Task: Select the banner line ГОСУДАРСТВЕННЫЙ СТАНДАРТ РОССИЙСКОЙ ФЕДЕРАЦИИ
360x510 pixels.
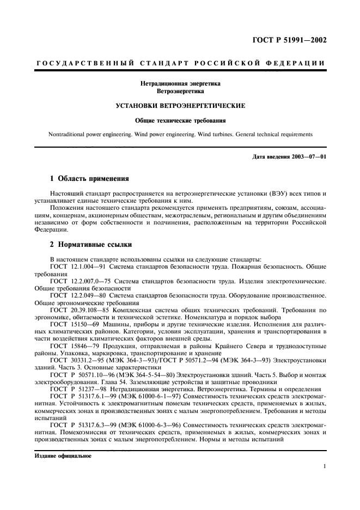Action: pos(180,64)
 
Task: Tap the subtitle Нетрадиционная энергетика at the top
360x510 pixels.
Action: pos(180,84)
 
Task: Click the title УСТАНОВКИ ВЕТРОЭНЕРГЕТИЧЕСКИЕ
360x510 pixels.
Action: pos(180,105)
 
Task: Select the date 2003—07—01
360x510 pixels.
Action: pos(309,157)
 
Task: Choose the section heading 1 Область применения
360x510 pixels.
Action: pos(89,178)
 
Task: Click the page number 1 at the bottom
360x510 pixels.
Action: pos(324,466)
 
